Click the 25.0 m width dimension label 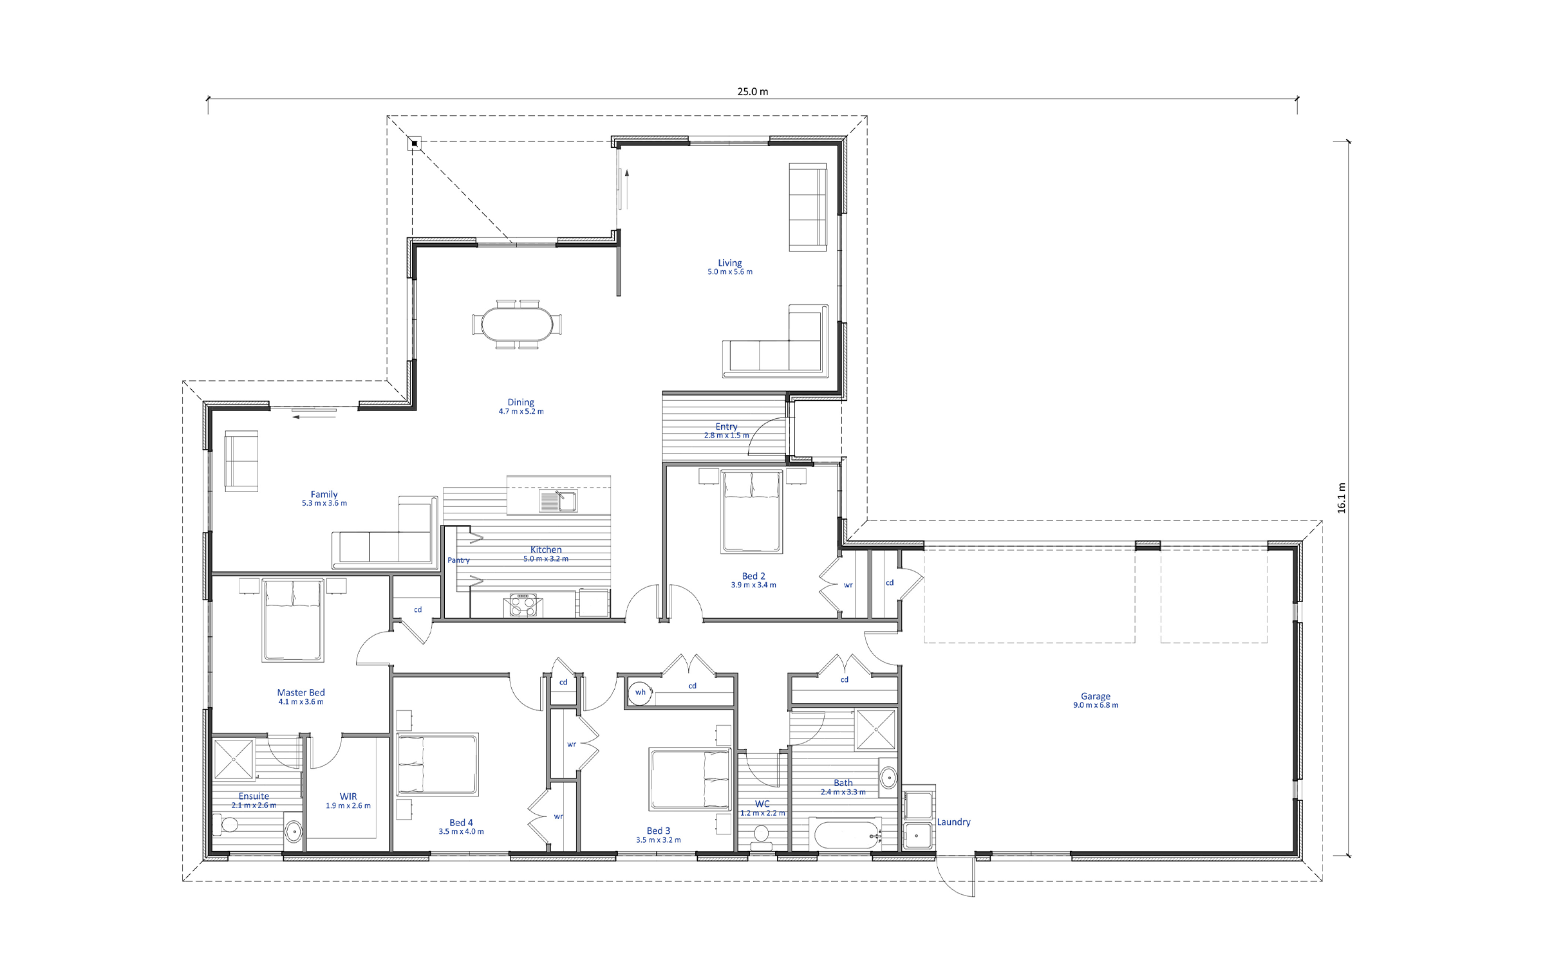point(753,91)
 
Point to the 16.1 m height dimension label point(1342,498)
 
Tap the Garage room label point(1096,696)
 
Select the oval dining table point(517,324)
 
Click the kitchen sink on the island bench point(558,501)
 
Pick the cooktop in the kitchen point(523,605)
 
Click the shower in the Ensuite point(234,759)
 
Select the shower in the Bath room point(875,730)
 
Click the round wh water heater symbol point(640,693)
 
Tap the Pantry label point(458,560)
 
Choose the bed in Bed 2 point(752,511)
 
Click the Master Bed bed point(293,620)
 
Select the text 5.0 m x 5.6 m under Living point(730,272)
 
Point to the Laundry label point(953,822)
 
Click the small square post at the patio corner point(415,143)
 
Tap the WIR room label point(348,796)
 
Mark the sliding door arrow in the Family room point(314,417)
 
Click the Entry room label point(726,427)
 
